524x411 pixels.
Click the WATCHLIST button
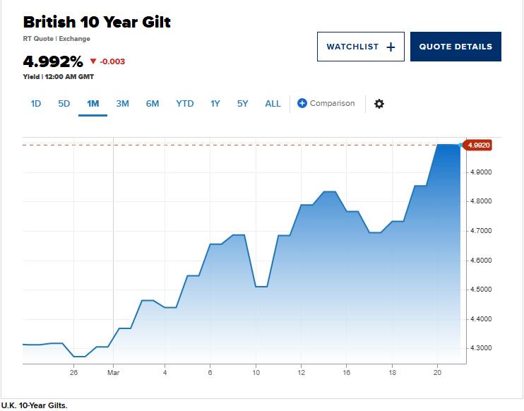[361, 47]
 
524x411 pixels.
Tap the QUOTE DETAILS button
[455, 47]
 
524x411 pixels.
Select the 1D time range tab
[36, 104]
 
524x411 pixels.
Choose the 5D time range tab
[64, 104]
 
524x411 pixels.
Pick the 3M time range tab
[122, 104]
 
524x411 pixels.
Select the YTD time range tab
[185, 104]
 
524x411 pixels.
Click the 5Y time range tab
[243, 104]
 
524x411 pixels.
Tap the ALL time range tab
[273, 104]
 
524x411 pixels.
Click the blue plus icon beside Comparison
[302, 103]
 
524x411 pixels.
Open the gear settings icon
[379, 104]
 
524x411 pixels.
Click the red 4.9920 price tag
[478, 145]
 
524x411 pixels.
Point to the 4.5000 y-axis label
[481, 290]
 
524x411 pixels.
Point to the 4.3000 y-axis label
[481, 348]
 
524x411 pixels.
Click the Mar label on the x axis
[113, 372]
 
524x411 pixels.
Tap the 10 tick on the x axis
[256, 372]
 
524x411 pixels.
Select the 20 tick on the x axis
[437, 372]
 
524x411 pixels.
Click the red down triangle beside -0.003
[93, 61]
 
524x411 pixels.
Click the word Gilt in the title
[156, 23]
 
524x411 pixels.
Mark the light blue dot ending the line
[460, 145]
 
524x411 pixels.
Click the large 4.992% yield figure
[53, 61]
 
